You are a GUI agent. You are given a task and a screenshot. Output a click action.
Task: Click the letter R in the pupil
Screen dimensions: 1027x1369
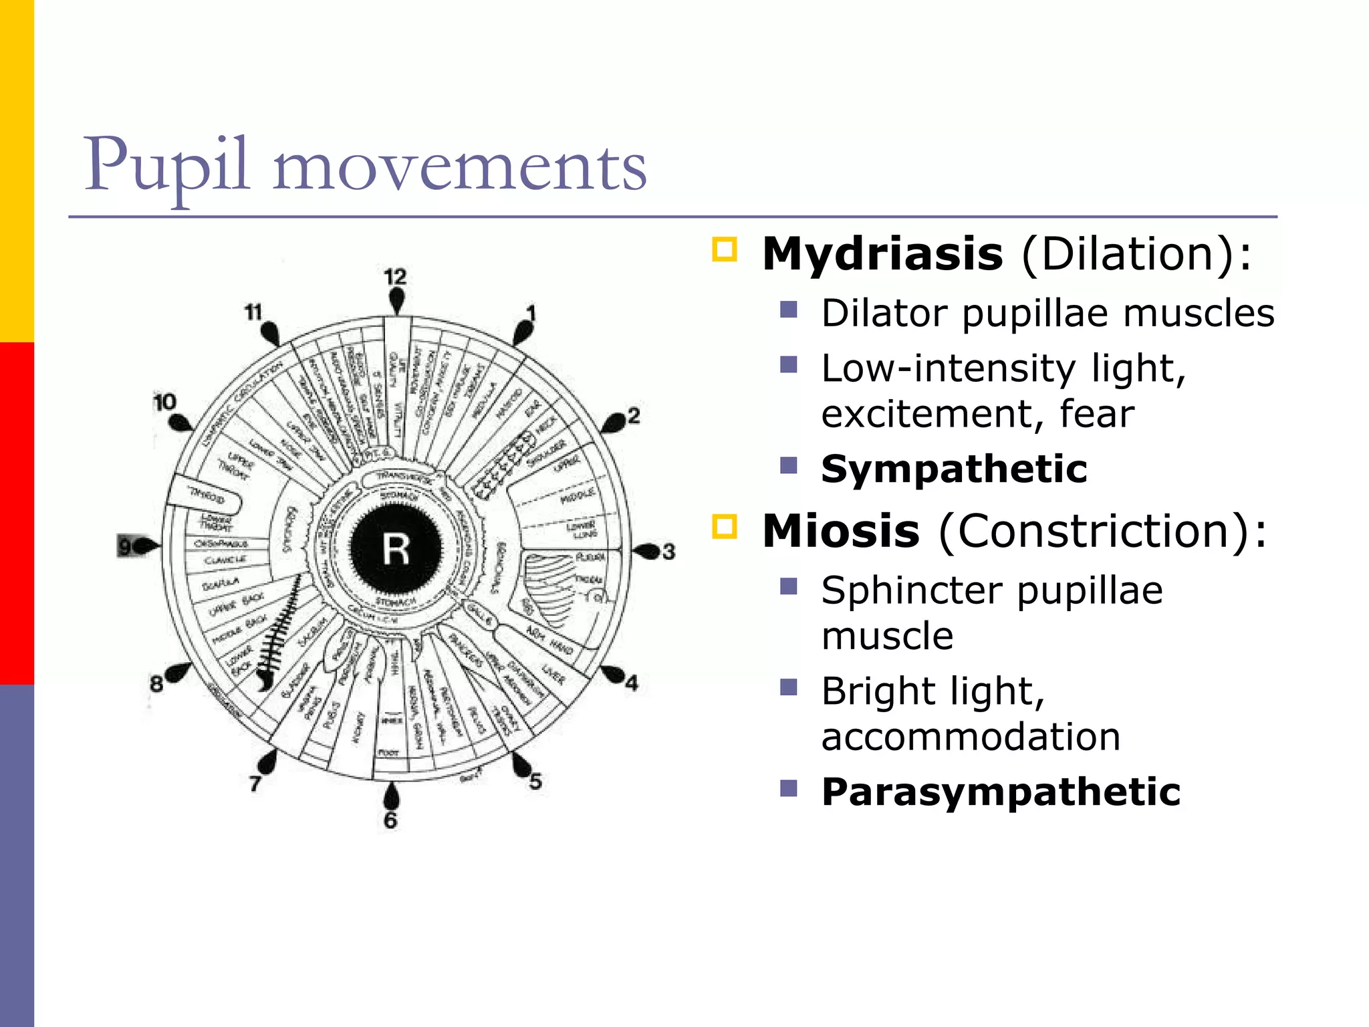click(396, 550)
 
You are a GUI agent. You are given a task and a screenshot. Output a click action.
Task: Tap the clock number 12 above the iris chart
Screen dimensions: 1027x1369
click(395, 277)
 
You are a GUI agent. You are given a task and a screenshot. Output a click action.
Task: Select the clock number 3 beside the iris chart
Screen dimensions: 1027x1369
click(669, 552)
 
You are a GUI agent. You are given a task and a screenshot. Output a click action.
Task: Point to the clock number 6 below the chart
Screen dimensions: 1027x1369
click(390, 820)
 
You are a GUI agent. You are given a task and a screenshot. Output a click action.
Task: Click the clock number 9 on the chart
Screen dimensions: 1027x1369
click(125, 546)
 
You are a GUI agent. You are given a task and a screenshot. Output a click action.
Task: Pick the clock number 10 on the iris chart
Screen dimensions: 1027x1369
click(164, 402)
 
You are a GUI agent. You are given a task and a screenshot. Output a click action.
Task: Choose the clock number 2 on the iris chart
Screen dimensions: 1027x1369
click(634, 416)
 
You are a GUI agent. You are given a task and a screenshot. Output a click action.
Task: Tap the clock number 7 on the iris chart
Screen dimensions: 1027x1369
click(255, 783)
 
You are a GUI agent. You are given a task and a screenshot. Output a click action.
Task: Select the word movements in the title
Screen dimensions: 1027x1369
click(460, 167)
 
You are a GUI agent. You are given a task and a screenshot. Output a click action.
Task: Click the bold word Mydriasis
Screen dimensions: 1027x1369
click(882, 254)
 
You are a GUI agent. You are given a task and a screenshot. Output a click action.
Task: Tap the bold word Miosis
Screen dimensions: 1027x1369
click(841, 531)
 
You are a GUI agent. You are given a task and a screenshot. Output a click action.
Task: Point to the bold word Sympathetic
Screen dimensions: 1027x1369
click(954, 469)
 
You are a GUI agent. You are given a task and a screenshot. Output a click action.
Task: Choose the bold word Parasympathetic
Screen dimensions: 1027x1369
click(1001, 792)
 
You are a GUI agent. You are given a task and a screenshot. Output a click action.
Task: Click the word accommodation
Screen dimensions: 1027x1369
click(971, 736)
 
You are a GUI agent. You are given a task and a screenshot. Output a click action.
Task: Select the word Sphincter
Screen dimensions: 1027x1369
click(912, 590)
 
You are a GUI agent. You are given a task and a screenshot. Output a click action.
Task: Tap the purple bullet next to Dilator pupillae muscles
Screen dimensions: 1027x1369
click(789, 310)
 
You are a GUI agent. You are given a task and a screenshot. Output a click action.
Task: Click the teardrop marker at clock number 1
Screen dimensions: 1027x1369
click(522, 332)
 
